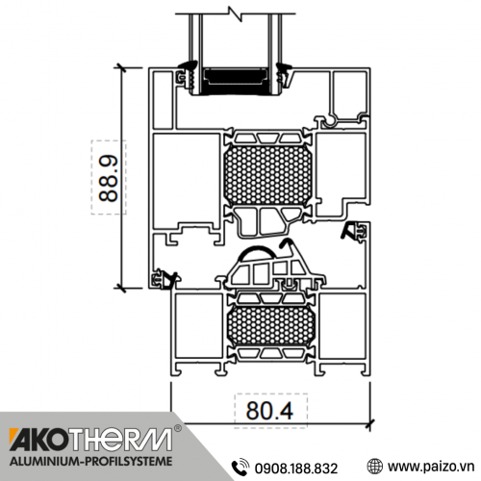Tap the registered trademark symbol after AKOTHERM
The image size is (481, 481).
176,427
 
